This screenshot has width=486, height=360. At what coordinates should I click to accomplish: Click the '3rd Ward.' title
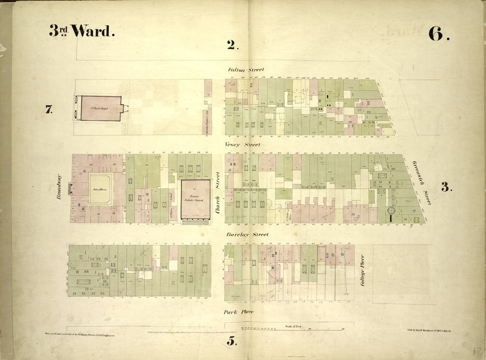point(82,31)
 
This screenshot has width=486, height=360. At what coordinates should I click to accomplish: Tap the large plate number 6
point(438,33)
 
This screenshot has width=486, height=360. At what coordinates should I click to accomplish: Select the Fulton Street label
point(246,70)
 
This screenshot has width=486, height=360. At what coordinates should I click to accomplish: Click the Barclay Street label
point(247,234)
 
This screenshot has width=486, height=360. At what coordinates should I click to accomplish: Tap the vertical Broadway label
point(59,188)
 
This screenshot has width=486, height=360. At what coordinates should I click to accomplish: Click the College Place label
point(362,270)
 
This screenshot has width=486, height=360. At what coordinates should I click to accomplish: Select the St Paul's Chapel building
point(101,108)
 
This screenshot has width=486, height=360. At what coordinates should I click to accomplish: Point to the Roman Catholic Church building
point(195,199)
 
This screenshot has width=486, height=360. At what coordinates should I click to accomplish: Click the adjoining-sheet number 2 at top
point(231,45)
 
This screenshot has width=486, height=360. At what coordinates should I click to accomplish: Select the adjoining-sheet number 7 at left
point(48,110)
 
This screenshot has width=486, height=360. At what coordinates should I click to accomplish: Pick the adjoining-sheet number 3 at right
point(445,187)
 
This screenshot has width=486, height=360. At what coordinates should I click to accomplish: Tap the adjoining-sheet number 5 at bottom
point(231,341)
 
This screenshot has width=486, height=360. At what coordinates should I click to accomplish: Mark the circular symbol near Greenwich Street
point(391,210)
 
